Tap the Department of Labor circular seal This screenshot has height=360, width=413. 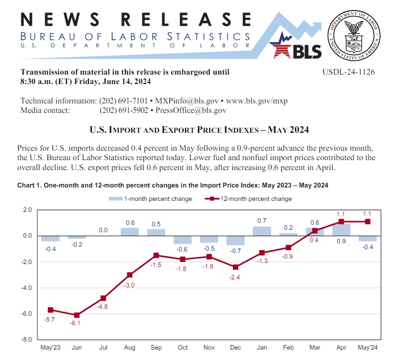(x=354, y=35)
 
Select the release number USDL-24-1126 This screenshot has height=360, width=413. (x=348, y=72)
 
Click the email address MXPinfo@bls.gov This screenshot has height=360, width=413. (x=187, y=101)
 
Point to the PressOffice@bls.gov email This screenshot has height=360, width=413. (x=191, y=110)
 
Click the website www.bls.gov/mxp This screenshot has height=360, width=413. (x=257, y=101)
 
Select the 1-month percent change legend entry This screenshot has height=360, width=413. (x=150, y=199)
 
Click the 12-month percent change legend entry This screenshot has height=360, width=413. (x=248, y=199)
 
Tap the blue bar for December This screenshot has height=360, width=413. (x=235, y=240)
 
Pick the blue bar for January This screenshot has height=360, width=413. (x=262, y=231)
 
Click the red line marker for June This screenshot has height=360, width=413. (x=77, y=315)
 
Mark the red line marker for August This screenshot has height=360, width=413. (x=129, y=275)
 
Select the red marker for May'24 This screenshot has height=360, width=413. (x=368, y=222)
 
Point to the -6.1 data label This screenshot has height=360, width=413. (x=75, y=323)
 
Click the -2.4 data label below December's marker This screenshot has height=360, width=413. (x=234, y=277)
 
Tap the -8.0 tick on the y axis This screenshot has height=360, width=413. (x=26, y=340)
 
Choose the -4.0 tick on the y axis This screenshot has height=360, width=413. (x=26, y=288)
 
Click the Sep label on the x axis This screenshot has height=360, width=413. (x=156, y=348)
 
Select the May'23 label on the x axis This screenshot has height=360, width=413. (x=50, y=348)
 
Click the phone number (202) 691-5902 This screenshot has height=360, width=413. (x=124, y=110)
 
